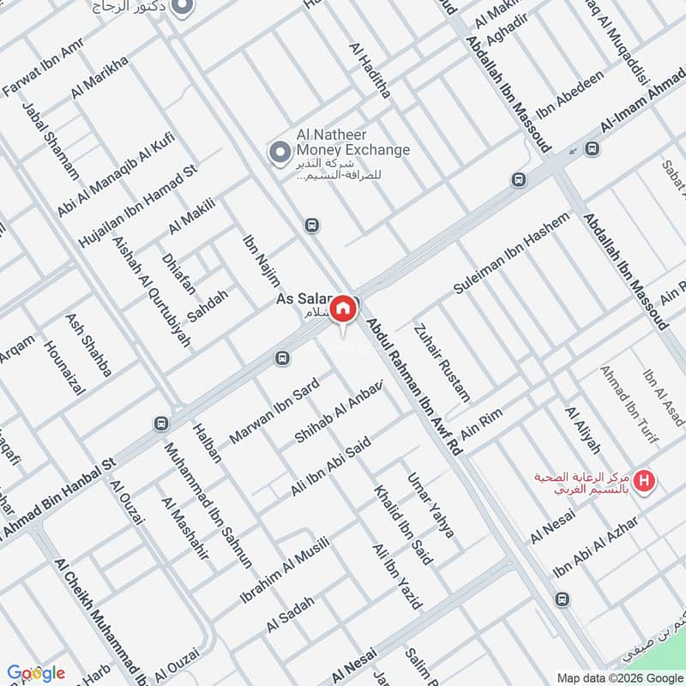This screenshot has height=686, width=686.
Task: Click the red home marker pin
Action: (343, 309)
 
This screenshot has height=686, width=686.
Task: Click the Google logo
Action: (36, 672)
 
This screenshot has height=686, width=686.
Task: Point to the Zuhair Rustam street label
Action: (442, 362)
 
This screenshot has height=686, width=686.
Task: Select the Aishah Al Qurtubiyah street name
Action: (151, 291)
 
